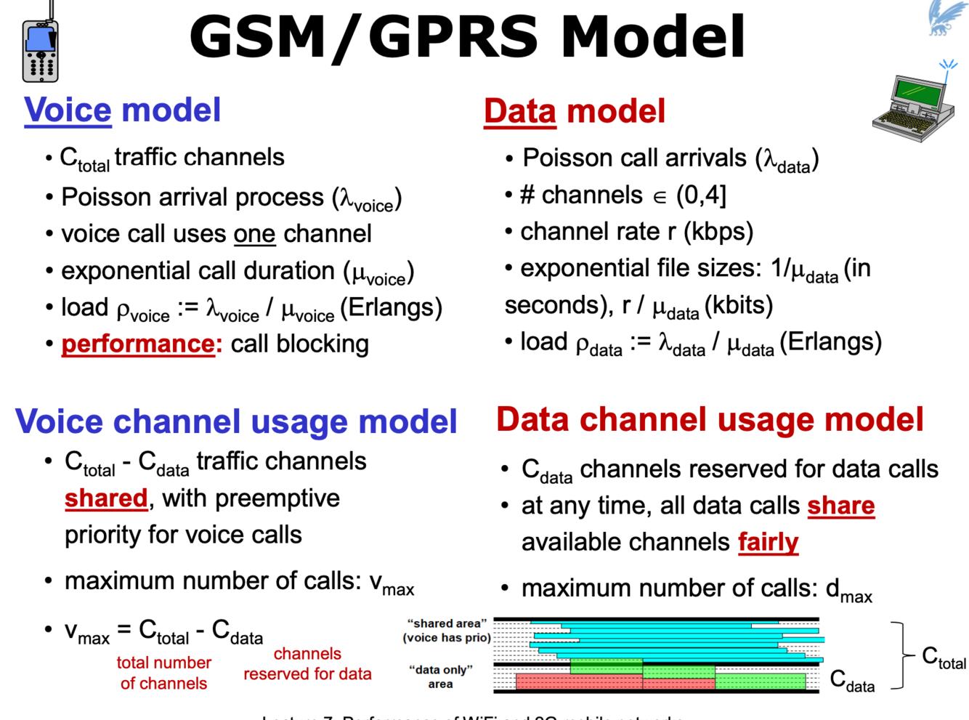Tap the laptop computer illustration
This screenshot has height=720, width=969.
click(x=914, y=105)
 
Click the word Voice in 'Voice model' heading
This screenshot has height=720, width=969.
click(x=68, y=110)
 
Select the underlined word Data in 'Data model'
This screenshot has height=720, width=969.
click(x=519, y=112)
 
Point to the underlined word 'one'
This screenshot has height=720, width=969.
click(x=254, y=234)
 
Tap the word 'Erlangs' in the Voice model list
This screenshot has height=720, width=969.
click(x=394, y=307)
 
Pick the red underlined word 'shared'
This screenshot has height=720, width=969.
click(x=106, y=498)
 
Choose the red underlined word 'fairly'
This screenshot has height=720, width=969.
click(x=768, y=542)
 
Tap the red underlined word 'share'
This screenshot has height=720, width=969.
click(x=840, y=506)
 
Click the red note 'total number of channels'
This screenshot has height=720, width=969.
click(x=163, y=673)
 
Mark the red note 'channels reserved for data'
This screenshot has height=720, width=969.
click(x=307, y=664)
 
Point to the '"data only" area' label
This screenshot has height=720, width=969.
click(x=441, y=676)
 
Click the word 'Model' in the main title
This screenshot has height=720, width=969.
click(x=652, y=36)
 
